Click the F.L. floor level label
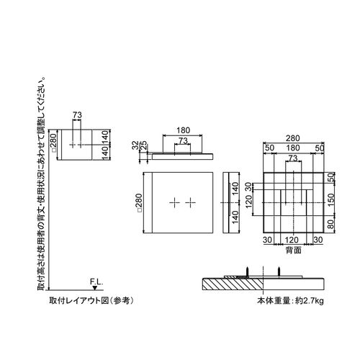96,282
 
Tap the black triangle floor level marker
95,288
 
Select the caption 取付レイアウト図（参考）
91,301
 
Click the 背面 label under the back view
293,251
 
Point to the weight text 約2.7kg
310,301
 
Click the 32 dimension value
135,145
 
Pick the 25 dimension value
143,145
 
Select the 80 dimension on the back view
330,224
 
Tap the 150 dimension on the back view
330,199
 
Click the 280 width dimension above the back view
293,138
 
